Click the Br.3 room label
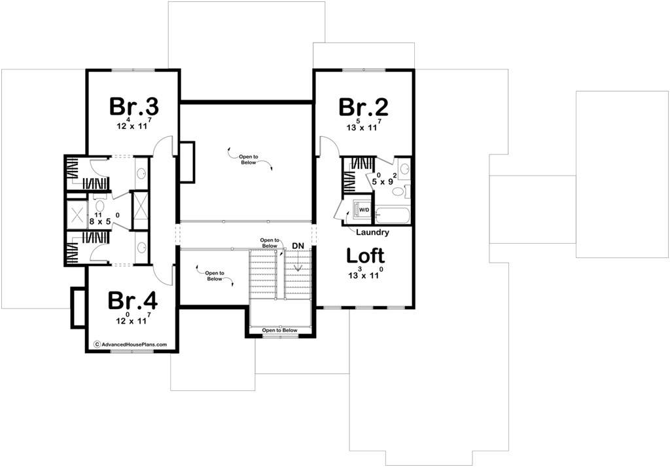[134, 107]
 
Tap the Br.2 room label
[364, 107]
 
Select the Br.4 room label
[132, 300]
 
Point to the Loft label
[365, 255]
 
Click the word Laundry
[372, 233]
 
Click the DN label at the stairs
[298, 246]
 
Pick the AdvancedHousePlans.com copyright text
[130, 345]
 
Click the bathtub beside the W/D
[393, 215]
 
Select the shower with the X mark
[77, 213]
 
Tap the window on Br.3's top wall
[133, 69]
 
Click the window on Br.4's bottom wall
[132, 351]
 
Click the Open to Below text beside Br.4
[215, 276]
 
